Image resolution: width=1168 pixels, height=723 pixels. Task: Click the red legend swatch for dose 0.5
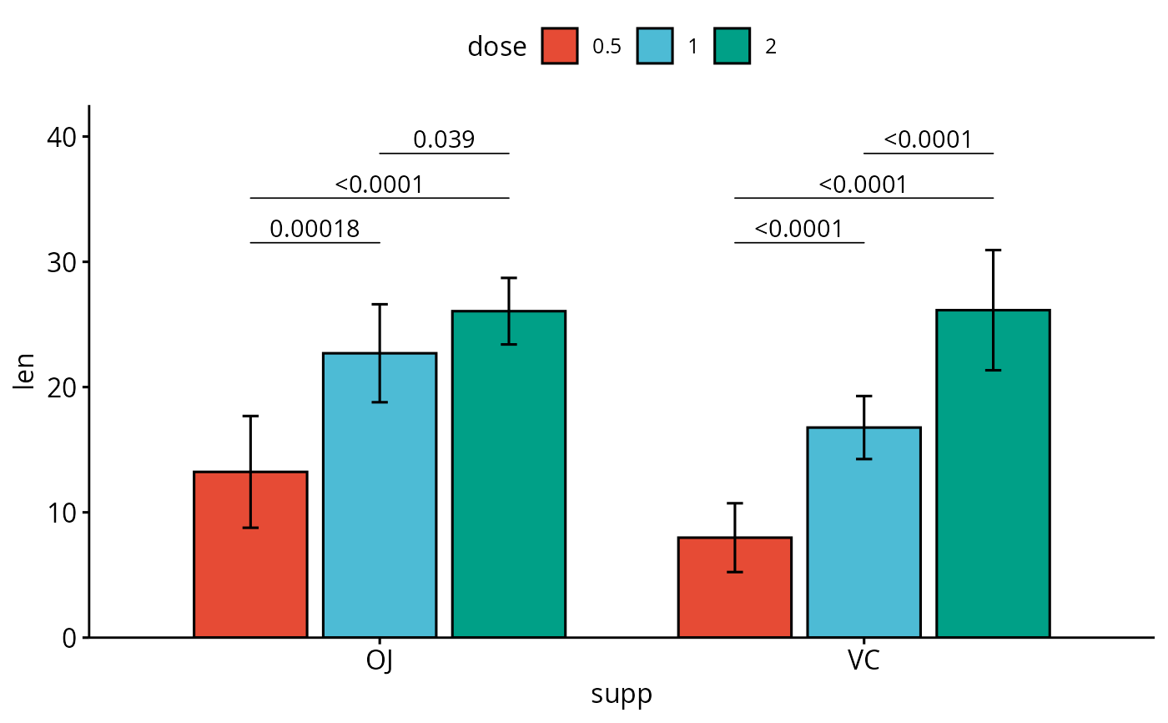[560, 47]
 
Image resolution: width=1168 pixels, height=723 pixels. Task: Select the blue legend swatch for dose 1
[655, 47]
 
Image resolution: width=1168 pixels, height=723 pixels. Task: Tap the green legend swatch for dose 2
[733, 47]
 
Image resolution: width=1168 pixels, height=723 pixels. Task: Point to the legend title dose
[496, 48]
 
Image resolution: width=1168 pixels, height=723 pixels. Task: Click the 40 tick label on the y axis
[61, 137]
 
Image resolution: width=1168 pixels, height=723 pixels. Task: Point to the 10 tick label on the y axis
[61, 513]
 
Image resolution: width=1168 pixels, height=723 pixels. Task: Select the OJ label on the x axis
[380, 661]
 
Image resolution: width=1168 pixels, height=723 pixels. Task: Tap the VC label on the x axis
[863, 661]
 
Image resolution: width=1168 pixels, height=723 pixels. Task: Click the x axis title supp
[622, 695]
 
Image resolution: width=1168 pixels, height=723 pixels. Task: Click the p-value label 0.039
[444, 139]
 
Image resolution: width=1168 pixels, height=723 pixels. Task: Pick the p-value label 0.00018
[315, 229]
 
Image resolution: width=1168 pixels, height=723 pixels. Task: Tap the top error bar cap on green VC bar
[993, 250]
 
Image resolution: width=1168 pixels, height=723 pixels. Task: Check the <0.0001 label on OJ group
[379, 184]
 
